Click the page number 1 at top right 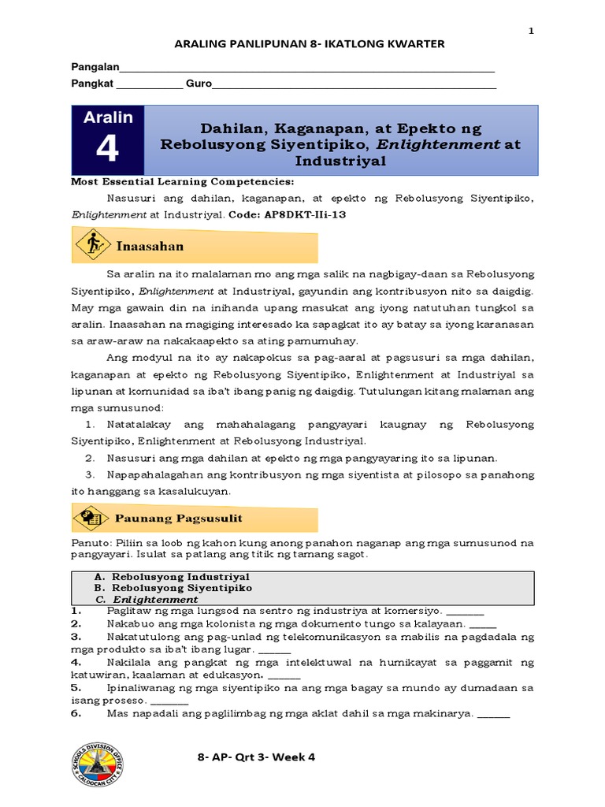[531, 31]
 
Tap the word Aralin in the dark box [108, 117]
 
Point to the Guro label [198, 84]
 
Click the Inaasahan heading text [150, 246]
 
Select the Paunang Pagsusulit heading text [178, 518]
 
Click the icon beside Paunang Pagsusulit [91, 518]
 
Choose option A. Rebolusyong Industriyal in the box [171, 577]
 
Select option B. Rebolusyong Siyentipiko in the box [173, 588]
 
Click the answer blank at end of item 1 [465, 611]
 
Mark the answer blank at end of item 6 [494, 715]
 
